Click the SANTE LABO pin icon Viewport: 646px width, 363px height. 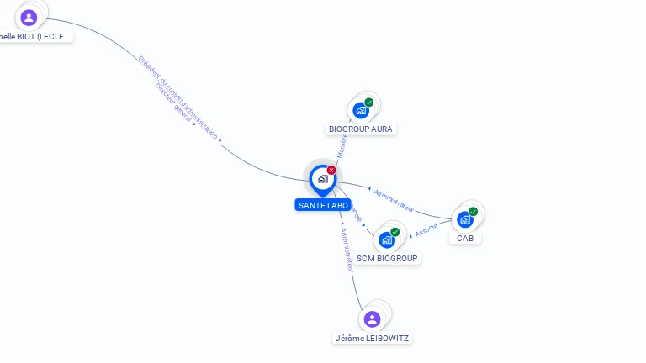pos(322,179)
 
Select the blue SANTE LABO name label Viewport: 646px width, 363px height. pos(323,205)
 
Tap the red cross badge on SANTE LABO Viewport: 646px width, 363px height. pos(331,170)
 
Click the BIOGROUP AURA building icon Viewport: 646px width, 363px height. pos(361,110)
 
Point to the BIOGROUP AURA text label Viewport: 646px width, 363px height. pos(361,129)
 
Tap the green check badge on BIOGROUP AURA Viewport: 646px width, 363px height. pos(369,103)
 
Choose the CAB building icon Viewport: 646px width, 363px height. pos(464,219)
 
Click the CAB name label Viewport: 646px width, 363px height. pos(465,239)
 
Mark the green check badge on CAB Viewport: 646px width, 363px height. pos(473,212)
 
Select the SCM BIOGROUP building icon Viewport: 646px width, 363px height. pos(387,239)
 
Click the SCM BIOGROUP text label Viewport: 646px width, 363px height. pos(387,259)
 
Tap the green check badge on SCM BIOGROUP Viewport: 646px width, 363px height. pos(395,232)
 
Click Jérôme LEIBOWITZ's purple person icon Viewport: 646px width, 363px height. pos(373,319)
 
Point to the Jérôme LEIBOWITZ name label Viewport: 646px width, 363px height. pos(373,338)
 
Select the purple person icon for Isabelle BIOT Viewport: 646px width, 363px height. pos(29,18)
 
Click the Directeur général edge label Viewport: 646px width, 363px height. pos(174,104)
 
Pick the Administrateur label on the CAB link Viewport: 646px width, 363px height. pos(393,201)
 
